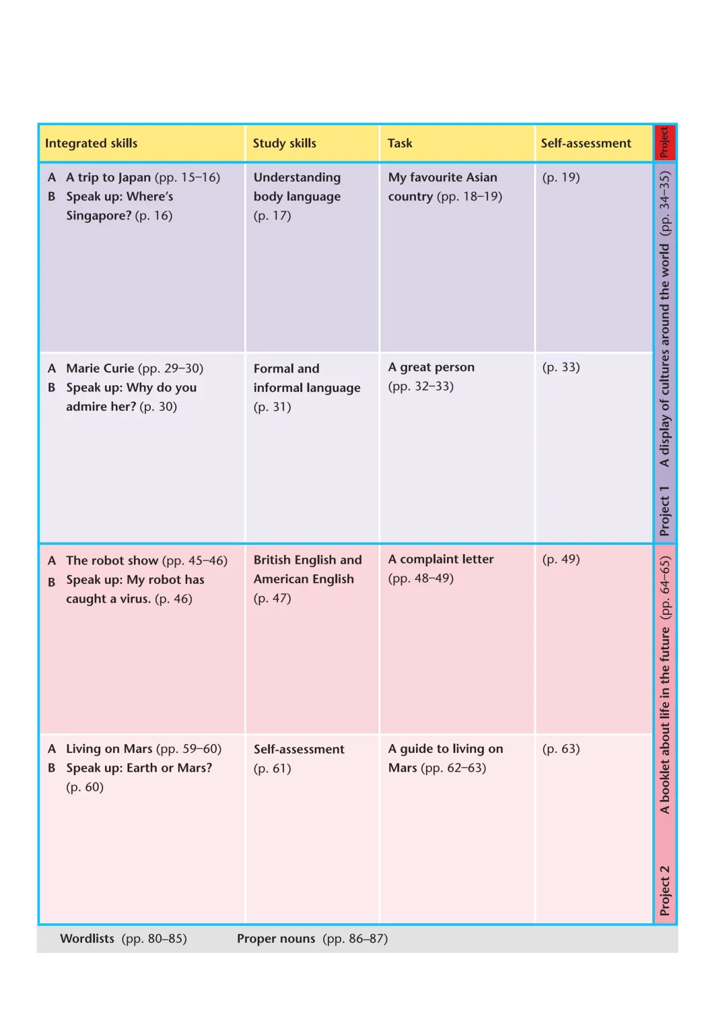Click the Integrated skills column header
coord(91,143)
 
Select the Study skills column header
coord(284,143)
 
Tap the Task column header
coord(400,143)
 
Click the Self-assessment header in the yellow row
coord(586,143)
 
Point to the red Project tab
coord(664,143)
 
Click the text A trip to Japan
coord(108,178)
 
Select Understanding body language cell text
coord(297,187)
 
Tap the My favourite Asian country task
coord(444,187)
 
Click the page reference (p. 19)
coord(561,178)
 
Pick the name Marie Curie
coord(100,368)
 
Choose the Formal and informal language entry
coord(306,378)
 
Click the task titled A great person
coord(431,368)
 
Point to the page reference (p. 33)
coord(561,368)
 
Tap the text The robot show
coord(112,560)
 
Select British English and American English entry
coord(307,570)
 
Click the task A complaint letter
coord(441,560)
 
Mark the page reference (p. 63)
coord(561,749)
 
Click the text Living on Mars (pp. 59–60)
coord(143,749)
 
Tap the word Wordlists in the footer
coord(87,939)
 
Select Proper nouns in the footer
coord(276,939)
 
